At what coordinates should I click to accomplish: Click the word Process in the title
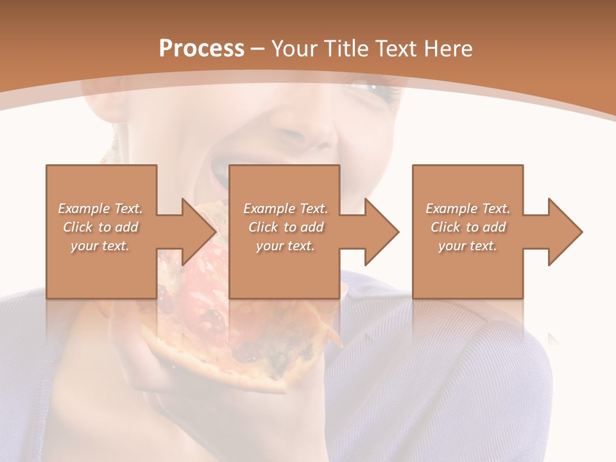(x=201, y=48)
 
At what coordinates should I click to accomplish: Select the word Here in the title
(x=447, y=48)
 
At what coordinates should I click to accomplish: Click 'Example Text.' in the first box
(x=101, y=209)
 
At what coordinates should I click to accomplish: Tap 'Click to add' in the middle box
(x=286, y=227)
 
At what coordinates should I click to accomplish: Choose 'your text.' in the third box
(x=468, y=246)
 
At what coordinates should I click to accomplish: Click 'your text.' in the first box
(x=101, y=246)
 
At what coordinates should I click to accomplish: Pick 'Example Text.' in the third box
(x=468, y=209)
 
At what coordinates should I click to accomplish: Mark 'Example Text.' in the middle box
(x=286, y=209)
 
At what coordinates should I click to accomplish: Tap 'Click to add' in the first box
(x=101, y=227)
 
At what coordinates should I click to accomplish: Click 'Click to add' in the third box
(x=468, y=227)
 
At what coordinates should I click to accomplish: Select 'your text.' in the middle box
(x=286, y=246)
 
